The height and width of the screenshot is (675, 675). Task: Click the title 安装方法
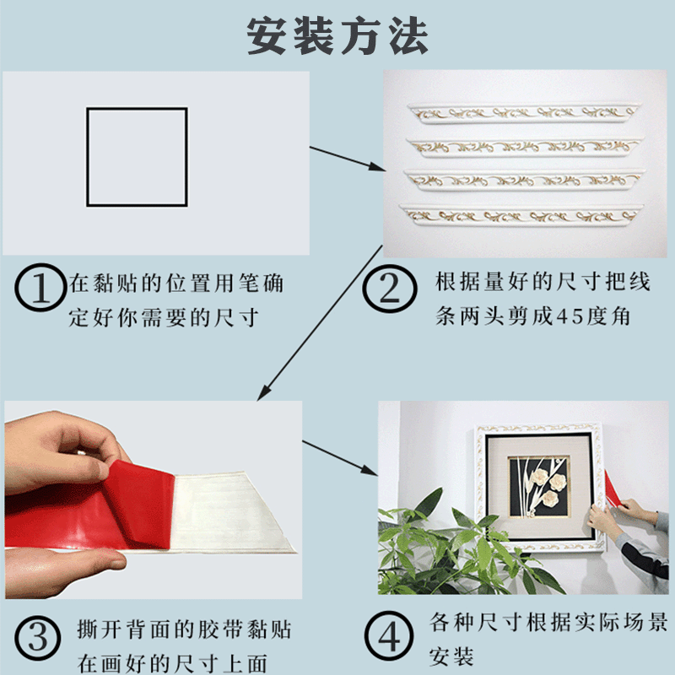(337, 36)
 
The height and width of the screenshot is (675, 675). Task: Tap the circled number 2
(390, 289)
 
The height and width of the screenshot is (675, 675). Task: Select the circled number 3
(38, 638)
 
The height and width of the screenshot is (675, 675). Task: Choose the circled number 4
(389, 636)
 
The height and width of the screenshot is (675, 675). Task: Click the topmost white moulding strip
(524, 113)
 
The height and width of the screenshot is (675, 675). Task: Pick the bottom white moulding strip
(521, 215)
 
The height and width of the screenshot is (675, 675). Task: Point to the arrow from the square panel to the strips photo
(348, 159)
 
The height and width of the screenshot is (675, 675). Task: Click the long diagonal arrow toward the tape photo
(320, 323)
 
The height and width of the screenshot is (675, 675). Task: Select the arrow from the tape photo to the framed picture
(340, 458)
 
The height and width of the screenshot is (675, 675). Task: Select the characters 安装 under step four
(451, 657)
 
